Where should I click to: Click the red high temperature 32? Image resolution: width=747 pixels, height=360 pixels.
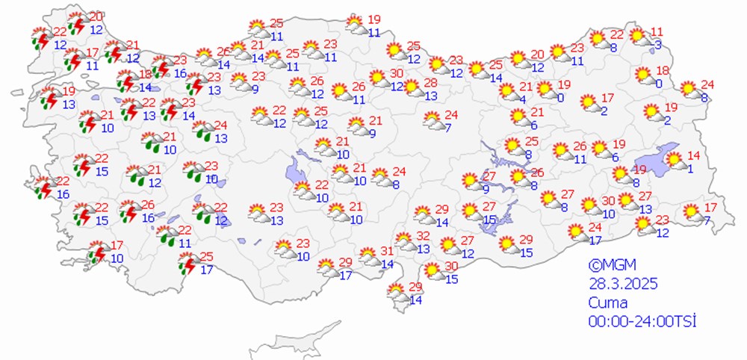(x=423, y=235)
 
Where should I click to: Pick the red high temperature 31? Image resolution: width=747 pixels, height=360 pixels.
(x=387, y=251)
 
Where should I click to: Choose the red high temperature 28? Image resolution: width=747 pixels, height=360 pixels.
(x=431, y=82)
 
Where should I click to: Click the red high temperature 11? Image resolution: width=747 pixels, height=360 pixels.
(x=657, y=31)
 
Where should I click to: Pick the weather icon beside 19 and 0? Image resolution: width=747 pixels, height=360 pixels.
(x=546, y=90)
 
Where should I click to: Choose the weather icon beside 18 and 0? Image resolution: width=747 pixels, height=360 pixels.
(x=642, y=76)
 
